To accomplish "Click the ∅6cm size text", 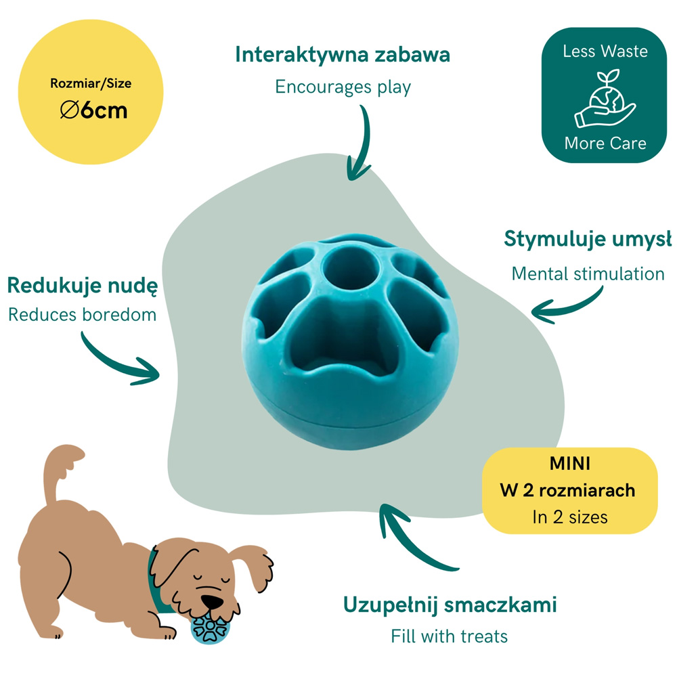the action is [x=93, y=110].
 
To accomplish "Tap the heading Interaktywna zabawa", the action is [x=343, y=56].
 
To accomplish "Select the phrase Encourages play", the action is [x=343, y=87].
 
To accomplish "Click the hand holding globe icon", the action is [x=605, y=98].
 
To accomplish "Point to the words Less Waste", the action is [x=605, y=51].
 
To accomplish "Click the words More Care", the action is [x=605, y=144].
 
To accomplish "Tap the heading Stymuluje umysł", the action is [x=588, y=239].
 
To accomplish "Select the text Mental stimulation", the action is [x=588, y=274].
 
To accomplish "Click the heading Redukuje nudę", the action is [x=83, y=286].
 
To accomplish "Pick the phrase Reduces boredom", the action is [x=82, y=315].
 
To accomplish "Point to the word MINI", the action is [x=569, y=464].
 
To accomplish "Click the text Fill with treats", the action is [x=449, y=636].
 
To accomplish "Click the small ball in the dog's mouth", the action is [x=211, y=628].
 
